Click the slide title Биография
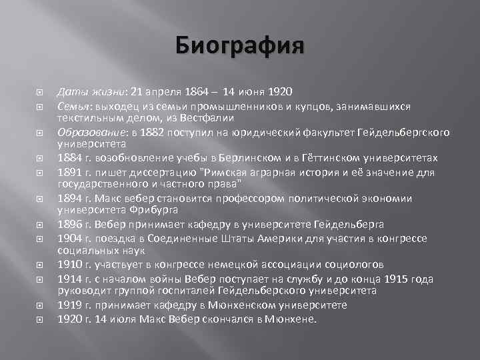click(239, 47)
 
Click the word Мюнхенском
click(259, 305)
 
